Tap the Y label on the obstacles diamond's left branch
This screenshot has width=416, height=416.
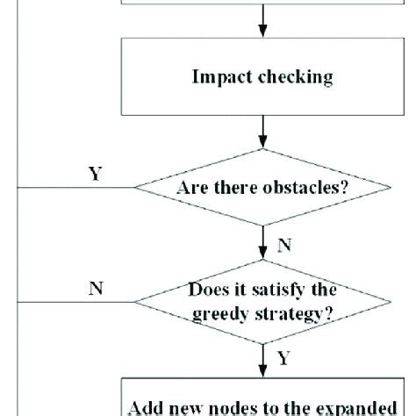pos(94,173)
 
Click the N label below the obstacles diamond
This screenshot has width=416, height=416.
pos(283,247)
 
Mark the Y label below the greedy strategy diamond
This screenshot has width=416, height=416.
pos(283,360)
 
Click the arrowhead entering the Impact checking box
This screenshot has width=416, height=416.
pos(262,33)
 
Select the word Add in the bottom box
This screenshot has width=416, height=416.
pos(145,407)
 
